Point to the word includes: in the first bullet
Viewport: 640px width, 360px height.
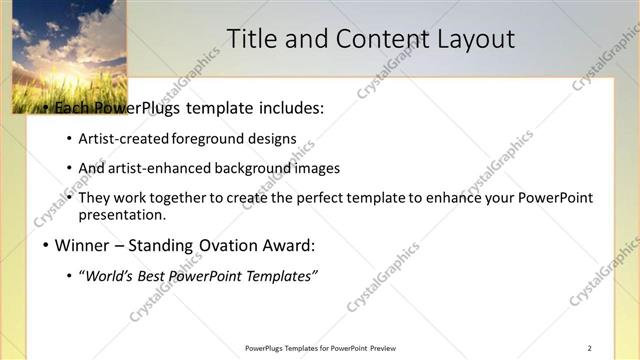(x=290, y=109)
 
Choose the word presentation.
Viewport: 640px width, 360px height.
(x=121, y=215)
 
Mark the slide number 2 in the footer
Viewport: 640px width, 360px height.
(x=590, y=348)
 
